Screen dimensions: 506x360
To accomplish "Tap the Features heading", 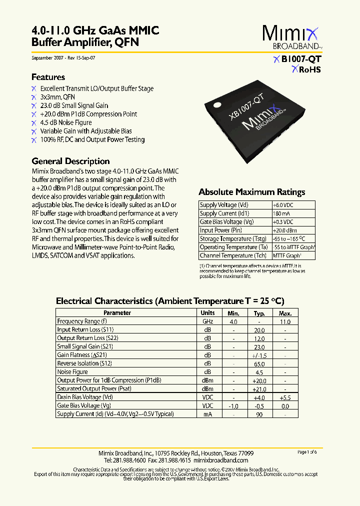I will click(x=48, y=77).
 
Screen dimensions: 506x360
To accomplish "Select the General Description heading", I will click(x=70, y=161).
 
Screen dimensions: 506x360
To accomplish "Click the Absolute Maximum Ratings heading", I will click(x=251, y=192).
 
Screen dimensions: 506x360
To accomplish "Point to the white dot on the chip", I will click(x=217, y=104).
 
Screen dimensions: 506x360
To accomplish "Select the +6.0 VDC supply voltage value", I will click(x=283, y=205).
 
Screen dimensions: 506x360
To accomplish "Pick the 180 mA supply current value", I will click(x=281, y=213).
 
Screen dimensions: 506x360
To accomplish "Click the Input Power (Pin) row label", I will click(x=221, y=230).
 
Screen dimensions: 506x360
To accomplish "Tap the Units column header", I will click(x=207, y=313).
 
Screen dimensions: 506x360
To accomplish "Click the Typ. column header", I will click(x=259, y=313).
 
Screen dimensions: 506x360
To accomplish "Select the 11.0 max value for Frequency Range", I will click(x=285, y=321).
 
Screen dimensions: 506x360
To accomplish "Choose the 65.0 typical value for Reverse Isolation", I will click(x=259, y=363).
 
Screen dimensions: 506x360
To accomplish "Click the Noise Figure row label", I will click(x=72, y=372).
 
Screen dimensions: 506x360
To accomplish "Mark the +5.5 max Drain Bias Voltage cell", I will click(x=285, y=397).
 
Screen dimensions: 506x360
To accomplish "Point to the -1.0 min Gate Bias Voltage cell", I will click(x=233, y=406).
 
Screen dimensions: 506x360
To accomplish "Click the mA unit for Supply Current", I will click(x=207, y=414).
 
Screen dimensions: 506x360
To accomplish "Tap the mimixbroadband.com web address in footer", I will click(x=220, y=460).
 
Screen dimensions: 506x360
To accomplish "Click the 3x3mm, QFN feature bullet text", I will click(x=57, y=97).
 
